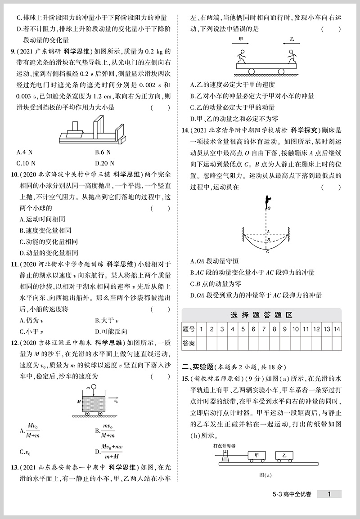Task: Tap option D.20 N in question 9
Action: [x=106, y=163]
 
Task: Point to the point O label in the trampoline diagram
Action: [x=269, y=209]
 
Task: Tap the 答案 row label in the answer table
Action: [x=189, y=344]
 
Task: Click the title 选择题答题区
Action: [x=261, y=315]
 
